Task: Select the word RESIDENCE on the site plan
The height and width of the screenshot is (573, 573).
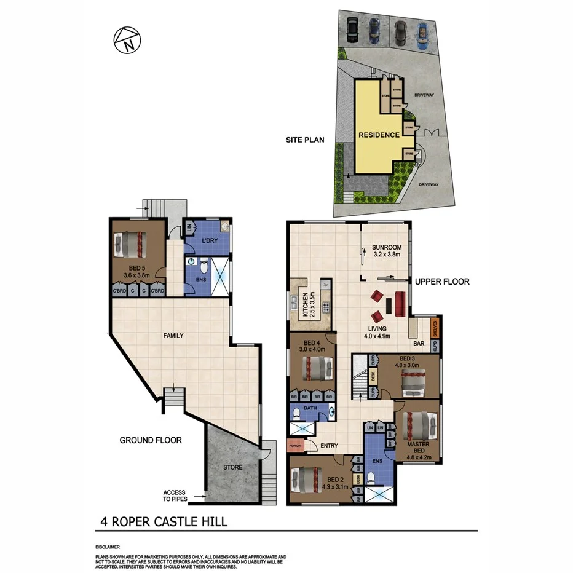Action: pos(379,135)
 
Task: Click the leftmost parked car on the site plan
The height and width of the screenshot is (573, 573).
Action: pos(353,28)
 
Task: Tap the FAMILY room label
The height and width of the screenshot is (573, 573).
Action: pos(173,336)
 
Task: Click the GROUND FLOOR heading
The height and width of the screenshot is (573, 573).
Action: pos(151,440)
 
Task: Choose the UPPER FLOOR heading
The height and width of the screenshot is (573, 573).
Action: pos(442,282)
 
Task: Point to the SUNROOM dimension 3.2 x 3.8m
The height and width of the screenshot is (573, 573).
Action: pos(386,254)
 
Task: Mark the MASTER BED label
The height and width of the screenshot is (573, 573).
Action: pos(417,447)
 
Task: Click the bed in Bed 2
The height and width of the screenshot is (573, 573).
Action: pos(307,480)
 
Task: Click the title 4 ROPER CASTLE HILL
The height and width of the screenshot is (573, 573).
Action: pos(164,523)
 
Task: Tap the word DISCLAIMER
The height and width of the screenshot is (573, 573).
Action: pos(108,547)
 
